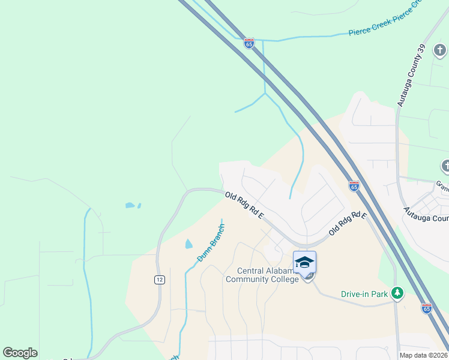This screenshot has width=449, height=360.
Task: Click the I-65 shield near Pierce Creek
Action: click(249, 43)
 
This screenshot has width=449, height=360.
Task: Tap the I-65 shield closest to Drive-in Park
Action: click(426, 308)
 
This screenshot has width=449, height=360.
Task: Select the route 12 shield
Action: click(159, 280)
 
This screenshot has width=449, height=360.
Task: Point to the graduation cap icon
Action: click(304, 262)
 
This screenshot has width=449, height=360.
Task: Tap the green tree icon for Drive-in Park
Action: click(397, 293)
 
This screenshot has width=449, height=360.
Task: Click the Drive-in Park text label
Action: click(364, 294)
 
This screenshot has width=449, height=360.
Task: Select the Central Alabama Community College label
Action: click(262, 275)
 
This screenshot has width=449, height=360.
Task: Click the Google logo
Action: click(20, 353)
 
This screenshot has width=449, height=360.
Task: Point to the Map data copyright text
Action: click(423, 355)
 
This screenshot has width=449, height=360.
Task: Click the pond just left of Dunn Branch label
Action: click(189, 244)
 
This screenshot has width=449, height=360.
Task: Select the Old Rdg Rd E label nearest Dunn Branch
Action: click(244, 206)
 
